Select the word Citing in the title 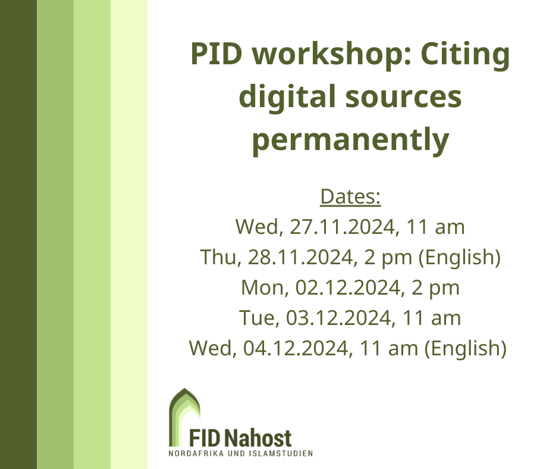pyautogui.click(x=465, y=54)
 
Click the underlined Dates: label pyautogui.click(x=350, y=196)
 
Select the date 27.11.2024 pyautogui.click(x=343, y=227)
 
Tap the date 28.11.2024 pyautogui.click(x=300, y=257)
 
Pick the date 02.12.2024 pyautogui.click(x=348, y=287)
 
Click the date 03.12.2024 pyautogui.click(x=339, y=318)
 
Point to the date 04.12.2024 pyautogui.click(x=296, y=348)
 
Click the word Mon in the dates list pyautogui.click(x=263, y=287)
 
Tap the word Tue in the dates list pyautogui.click(x=258, y=318)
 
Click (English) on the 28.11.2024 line pyautogui.click(x=460, y=258)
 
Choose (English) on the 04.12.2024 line pyautogui.click(x=465, y=349)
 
